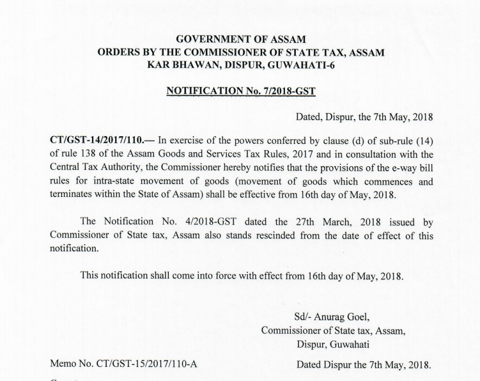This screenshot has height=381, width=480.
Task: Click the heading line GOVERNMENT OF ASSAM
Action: pos(241,39)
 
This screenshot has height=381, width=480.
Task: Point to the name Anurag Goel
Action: pos(343,317)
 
